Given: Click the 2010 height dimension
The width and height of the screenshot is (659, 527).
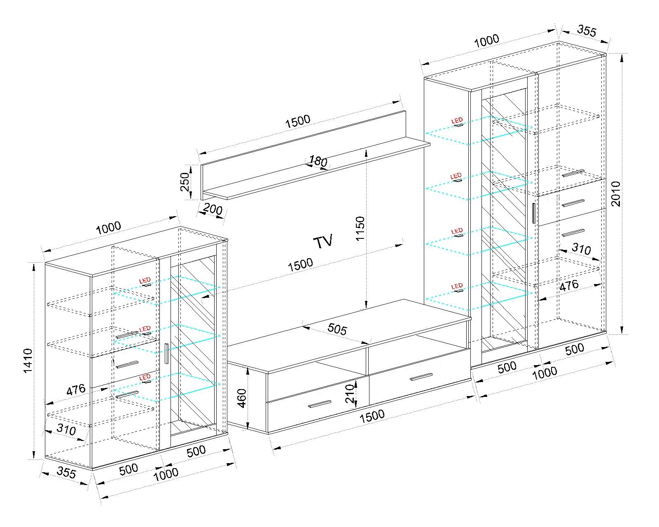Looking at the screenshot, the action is pyautogui.click(x=616, y=194).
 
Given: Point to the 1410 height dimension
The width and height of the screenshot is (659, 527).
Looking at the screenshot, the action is pyautogui.click(x=28, y=360).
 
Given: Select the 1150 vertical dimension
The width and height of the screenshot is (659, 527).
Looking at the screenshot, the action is pyautogui.click(x=360, y=229).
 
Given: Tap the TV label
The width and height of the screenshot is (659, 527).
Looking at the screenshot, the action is pyautogui.click(x=323, y=242).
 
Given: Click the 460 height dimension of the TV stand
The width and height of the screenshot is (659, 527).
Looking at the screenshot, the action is pyautogui.click(x=242, y=398).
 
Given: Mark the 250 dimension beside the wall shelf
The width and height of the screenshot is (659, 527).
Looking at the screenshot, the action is pyautogui.click(x=185, y=182).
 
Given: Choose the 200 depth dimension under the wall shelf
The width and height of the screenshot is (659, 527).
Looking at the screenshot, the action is pyautogui.click(x=213, y=210).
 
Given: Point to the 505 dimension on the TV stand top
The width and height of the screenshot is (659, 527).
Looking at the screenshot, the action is pyautogui.click(x=337, y=329).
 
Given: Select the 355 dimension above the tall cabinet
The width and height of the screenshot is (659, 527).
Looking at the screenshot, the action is pyautogui.click(x=587, y=31).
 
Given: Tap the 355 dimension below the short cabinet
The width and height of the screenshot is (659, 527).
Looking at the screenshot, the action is pyautogui.click(x=66, y=473).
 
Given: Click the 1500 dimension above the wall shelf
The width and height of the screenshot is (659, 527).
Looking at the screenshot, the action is pyautogui.click(x=298, y=121).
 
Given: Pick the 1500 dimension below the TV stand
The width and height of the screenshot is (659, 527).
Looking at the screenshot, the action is pyautogui.click(x=372, y=416).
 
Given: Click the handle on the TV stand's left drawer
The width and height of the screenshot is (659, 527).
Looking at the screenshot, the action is pyautogui.click(x=319, y=404).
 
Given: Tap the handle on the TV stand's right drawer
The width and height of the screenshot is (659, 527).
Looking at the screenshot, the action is pyautogui.click(x=421, y=377).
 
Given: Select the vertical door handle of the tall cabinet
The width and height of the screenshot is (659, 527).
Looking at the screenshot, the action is pyautogui.click(x=534, y=213).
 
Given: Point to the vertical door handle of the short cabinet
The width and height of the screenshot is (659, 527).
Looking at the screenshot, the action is pyautogui.click(x=166, y=354).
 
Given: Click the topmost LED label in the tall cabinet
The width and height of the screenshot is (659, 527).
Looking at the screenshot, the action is pyautogui.click(x=457, y=120).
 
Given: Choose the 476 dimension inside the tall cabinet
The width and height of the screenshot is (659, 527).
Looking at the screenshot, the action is pyautogui.click(x=569, y=285).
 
